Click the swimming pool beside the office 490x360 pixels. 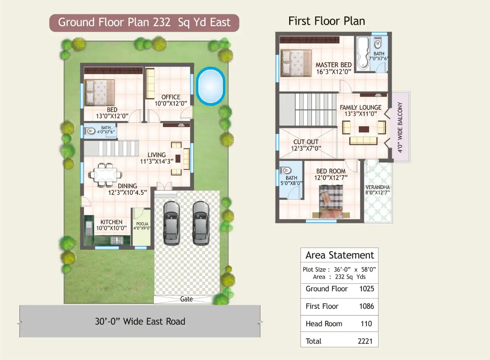coord(210,86)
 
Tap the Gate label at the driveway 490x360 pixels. coord(186,299)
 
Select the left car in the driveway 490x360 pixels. coord(171,223)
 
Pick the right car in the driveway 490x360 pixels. coord(201,223)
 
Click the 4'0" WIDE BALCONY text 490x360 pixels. coord(400,127)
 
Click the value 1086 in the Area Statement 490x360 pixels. coord(366,306)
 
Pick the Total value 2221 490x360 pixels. coord(365,341)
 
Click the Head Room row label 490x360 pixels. coord(324,324)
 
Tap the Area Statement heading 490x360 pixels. coord(340,255)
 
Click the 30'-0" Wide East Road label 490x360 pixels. coord(140,322)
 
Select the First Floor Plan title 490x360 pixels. coord(327,21)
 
